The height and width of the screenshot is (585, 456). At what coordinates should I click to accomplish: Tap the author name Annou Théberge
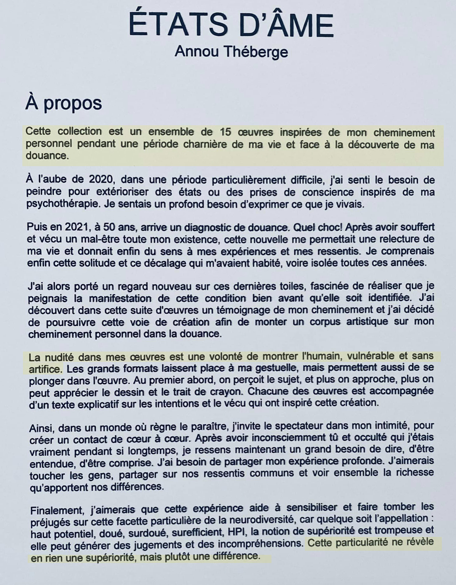(231, 51)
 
